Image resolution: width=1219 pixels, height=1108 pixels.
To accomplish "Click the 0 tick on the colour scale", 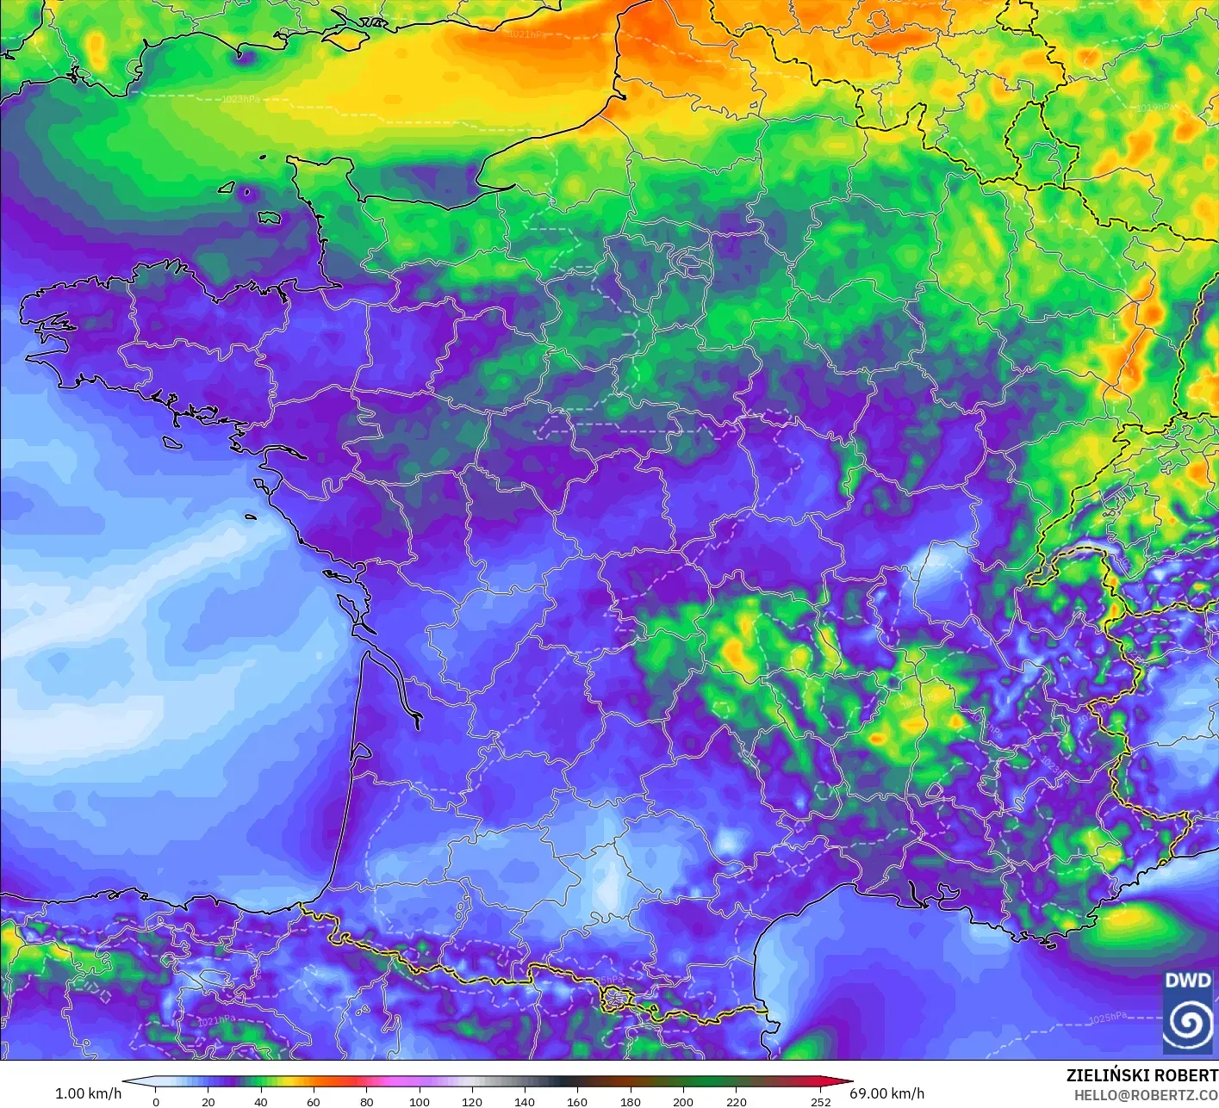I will pyautogui.click(x=156, y=1101).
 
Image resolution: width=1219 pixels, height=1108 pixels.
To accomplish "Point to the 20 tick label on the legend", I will pyautogui.click(x=208, y=1101).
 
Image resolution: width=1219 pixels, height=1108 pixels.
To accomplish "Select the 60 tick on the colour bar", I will pyautogui.click(x=314, y=1101).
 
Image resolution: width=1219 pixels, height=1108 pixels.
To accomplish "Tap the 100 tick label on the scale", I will pyautogui.click(x=420, y=1101).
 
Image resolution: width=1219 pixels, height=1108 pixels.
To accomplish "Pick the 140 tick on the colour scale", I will pyautogui.click(x=525, y=1101).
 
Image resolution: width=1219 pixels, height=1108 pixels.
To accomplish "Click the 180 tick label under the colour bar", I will pyautogui.click(x=631, y=1101).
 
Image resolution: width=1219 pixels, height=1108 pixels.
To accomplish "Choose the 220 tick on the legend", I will pyautogui.click(x=737, y=1101).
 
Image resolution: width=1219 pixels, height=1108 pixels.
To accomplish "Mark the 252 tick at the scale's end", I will pyautogui.click(x=821, y=1101).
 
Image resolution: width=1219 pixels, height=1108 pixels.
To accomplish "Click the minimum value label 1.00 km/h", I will pyautogui.click(x=88, y=1093).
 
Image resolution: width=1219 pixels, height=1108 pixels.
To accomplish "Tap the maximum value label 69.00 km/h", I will pyautogui.click(x=886, y=1093).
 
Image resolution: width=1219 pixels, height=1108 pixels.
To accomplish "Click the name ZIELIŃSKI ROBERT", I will pyautogui.click(x=1141, y=1075).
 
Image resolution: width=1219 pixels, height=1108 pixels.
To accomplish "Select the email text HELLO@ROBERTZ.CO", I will pyautogui.click(x=1146, y=1095).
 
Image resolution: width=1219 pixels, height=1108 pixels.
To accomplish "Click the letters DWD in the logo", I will pyautogui.click(x=1187, y=981).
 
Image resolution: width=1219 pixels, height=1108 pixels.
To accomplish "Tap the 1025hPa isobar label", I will pyautogui.click(x=1108, y=1018).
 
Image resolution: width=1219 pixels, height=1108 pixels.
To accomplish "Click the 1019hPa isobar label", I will pyautogui.click(x=1155, y=108).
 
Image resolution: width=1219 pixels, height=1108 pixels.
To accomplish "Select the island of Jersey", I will pyautogui.click(x=270, y=218).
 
